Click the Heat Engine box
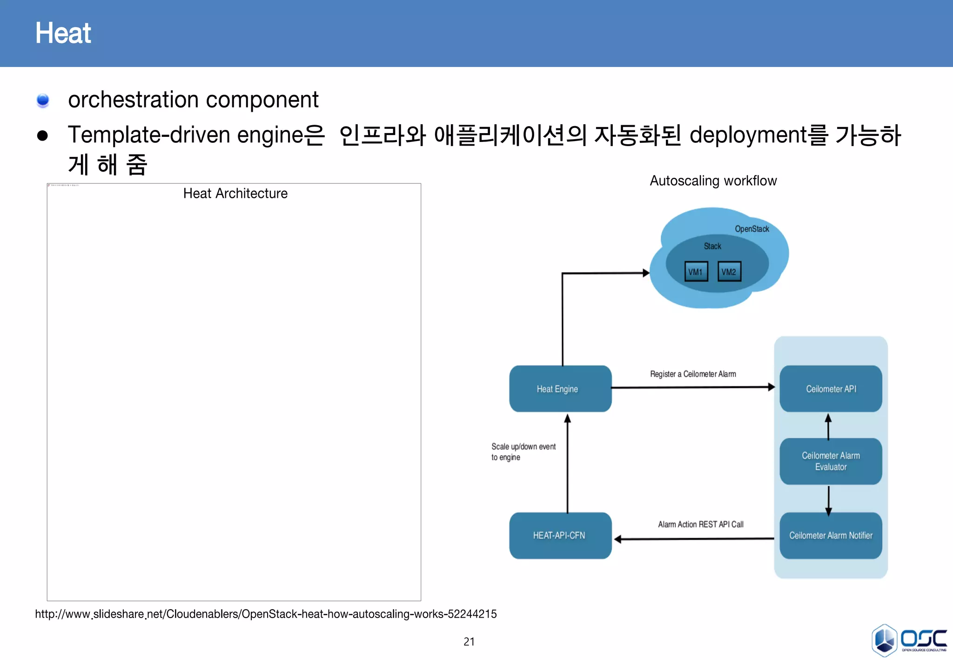tap(560, 389)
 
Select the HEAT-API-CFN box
tap(560, 535)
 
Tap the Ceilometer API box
tap(831, 389)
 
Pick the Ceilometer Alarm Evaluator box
tap(831, 461)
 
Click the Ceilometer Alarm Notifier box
tap(831, 535)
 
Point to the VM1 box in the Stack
tap(696, 272)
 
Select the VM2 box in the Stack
tap(729, 272)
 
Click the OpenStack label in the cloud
tap(752, 229)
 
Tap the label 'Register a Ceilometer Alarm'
tap(693, 374)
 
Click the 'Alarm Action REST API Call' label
tap(700, 525)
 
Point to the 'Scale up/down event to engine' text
tap(523, 451)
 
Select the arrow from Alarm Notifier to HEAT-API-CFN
tap(693, 539)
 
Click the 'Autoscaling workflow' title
tap(713, 181)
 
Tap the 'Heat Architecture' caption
tap(235, 193)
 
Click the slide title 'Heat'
tap(63, 33)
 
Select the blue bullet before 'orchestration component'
tap(43, 100)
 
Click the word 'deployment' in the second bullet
tap(748, 135)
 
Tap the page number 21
tap(469, 641)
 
